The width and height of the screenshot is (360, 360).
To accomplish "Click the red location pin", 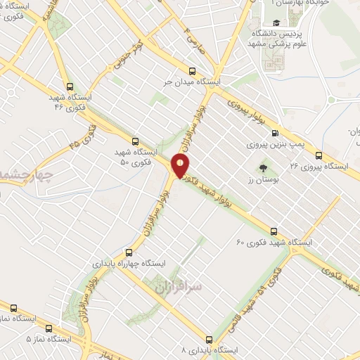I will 181,166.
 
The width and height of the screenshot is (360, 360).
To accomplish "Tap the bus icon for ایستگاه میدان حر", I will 192,70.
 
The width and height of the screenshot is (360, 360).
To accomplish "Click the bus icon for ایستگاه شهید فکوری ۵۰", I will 135,141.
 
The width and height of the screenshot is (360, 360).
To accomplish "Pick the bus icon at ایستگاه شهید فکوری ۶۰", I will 274,231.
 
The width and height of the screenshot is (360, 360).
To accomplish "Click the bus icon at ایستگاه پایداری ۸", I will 209,337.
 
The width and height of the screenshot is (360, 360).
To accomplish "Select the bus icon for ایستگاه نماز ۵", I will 49,328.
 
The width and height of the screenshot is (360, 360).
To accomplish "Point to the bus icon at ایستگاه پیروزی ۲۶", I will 319,155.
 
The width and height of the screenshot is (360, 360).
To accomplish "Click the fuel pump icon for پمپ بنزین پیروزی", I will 275,132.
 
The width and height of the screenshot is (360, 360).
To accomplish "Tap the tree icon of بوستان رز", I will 263,168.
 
